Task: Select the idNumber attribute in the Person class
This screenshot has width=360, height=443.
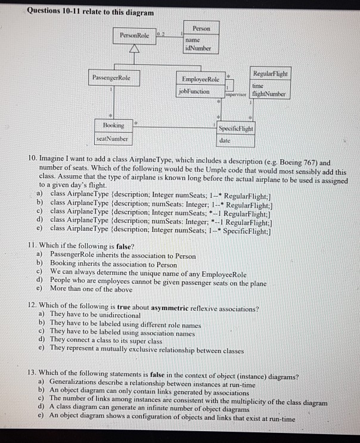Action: [x=199, y=48]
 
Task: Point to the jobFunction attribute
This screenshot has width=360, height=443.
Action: [x=194, y=91]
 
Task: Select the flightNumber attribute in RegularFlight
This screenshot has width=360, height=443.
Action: [x=269, y=94]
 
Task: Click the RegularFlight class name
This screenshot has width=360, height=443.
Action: [x=270, y=73]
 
